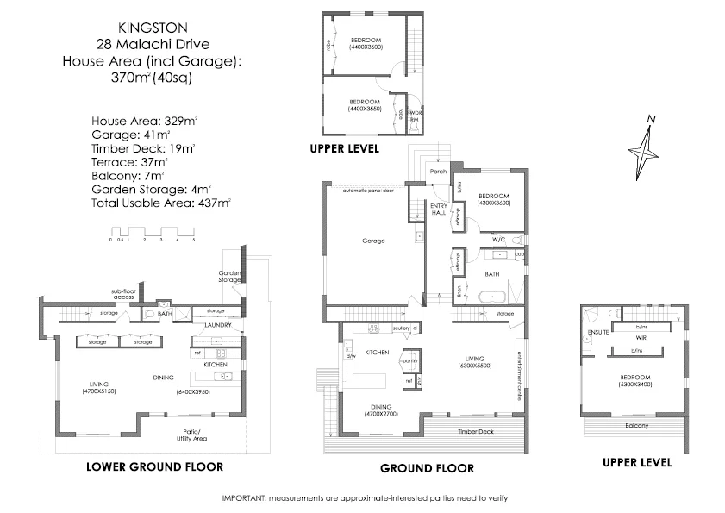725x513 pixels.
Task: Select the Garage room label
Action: pyautogui.click(x=372, y=242)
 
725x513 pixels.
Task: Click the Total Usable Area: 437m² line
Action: pyautogui.click(x=160, y=203)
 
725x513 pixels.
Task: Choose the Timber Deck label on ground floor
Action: pyautogui.click(x=474, y=430)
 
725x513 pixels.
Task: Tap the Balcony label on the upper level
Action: pyautogui.click(x=637, y=426)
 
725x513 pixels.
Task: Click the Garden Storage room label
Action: pyautogui.click(x=228, y=276)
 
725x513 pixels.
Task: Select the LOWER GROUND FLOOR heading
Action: pyautogui.click(x=154, y=466)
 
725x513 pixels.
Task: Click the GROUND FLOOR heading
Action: pyautogui.click(x=427, y=469)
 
